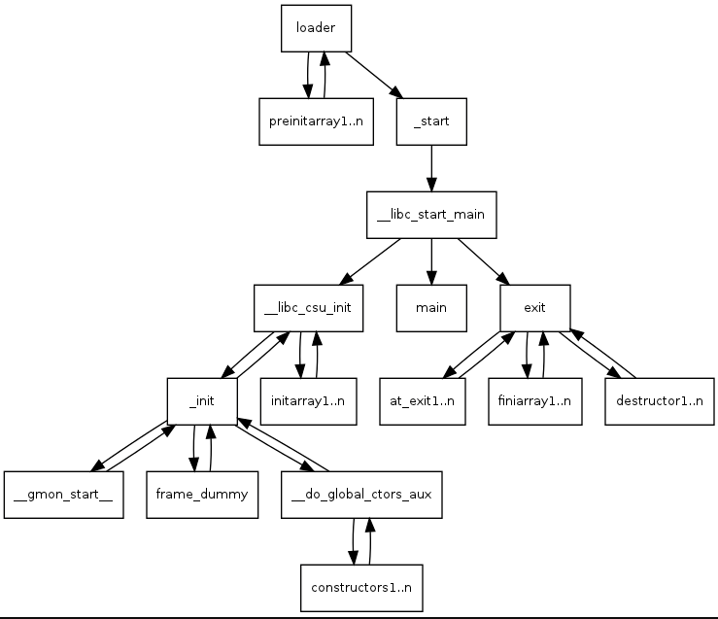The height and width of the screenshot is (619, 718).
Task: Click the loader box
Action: click(316, 28)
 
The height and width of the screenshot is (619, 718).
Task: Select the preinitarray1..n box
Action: click(316, 121)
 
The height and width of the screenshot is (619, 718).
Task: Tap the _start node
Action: click(431, 121)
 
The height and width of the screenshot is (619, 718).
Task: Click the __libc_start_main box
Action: click(431, 215)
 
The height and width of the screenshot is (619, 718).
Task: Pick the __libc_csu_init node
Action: click(308, 308)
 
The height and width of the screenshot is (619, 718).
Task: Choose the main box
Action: click(431, 308)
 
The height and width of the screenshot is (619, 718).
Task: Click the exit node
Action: click(534, 308)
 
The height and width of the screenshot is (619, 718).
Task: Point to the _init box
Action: click(202, 401)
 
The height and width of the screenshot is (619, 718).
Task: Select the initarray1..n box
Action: click(308, 401)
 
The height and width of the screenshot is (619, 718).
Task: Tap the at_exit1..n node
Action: click(423, 401)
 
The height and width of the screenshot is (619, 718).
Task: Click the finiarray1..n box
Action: click(534, 401)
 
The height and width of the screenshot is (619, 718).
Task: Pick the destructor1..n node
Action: click(660, 401)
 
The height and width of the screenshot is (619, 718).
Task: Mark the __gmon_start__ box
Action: click(64, 495)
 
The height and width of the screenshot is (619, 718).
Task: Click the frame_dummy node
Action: click(202, 495)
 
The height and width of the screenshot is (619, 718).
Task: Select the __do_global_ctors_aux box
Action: click(361, 495)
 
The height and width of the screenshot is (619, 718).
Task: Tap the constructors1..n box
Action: click(361, 588)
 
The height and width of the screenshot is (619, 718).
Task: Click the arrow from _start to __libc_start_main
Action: click(431, 168)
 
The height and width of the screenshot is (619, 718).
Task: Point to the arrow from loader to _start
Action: click(374, 75)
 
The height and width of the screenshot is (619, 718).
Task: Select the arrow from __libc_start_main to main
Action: click(431, 262)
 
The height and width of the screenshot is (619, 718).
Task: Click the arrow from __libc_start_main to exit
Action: click(484, 262)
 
